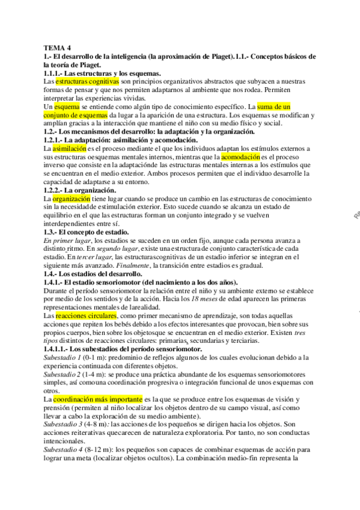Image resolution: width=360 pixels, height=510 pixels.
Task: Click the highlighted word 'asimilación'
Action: coord(70,147)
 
